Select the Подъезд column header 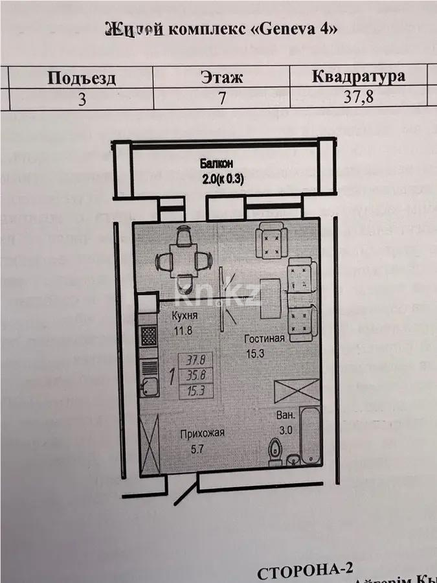82,79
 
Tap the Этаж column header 222,78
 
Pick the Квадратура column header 359,76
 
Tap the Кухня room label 185,317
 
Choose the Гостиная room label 265,339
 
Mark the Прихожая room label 203,433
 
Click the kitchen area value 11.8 183,330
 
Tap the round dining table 184,260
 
